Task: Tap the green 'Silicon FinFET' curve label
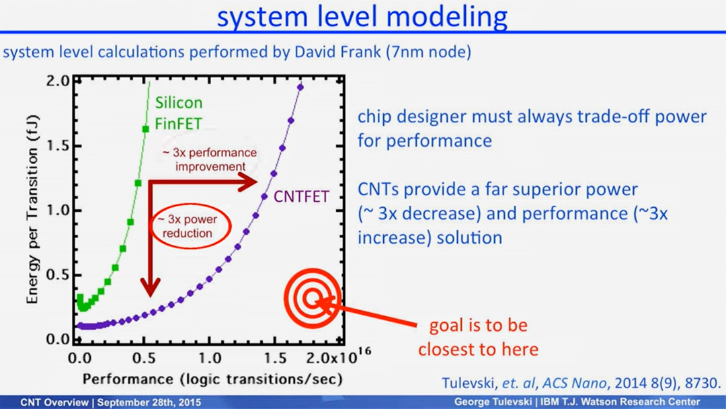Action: point(178,113)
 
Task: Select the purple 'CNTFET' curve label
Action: point(301,196)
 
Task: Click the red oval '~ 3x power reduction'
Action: point(191,226)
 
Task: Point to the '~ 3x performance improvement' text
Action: point(210,159)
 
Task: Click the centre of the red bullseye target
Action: point(313,298)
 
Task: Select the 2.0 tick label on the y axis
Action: point(57,81)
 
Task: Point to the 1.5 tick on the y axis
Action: point(57,146)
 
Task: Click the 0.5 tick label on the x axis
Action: point(144,358)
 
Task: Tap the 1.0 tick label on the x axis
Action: point(209,358)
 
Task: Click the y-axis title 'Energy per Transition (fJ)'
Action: point(32,209)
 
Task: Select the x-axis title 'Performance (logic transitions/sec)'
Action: point(212,379)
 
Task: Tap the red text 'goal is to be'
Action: point(479,325)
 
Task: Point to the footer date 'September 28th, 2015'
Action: point(149,402)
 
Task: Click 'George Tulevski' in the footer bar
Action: point(493,402)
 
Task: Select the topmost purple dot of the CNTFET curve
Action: point(300,87)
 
